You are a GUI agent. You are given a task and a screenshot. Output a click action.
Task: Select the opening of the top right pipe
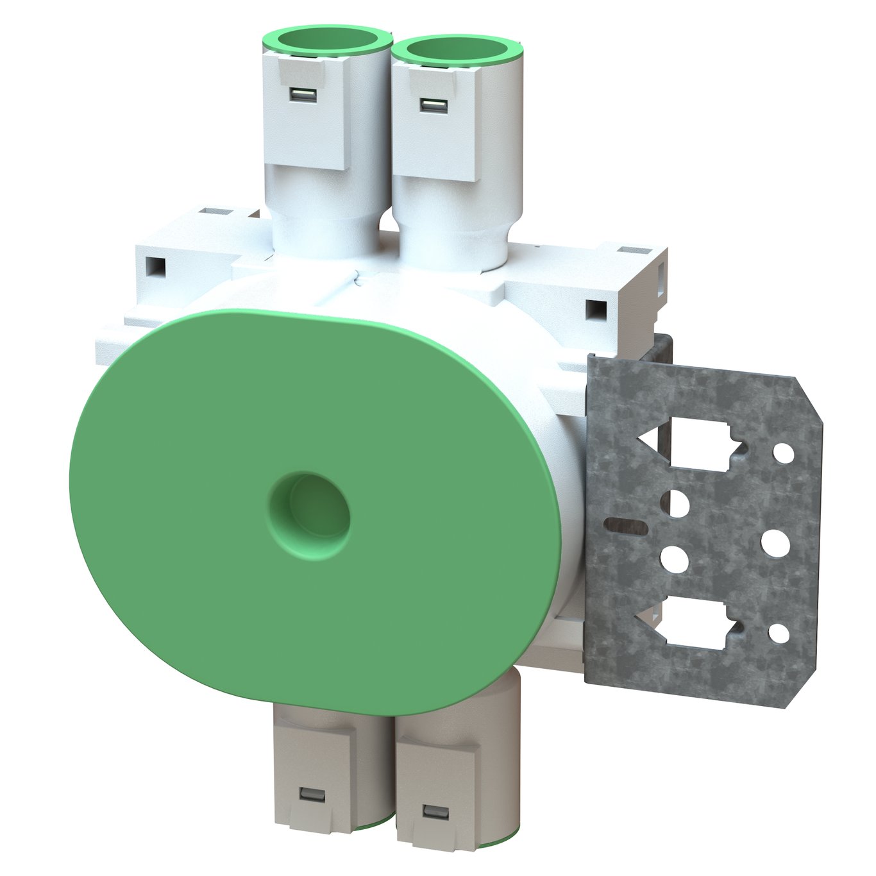456,52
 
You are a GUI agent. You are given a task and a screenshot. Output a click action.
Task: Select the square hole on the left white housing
155,264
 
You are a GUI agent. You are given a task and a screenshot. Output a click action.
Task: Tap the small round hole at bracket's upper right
783,453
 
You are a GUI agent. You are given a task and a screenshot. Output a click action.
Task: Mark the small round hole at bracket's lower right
779,634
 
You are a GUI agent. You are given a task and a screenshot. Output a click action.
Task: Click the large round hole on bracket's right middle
775,543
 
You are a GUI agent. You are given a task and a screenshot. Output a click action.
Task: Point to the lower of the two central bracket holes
674,559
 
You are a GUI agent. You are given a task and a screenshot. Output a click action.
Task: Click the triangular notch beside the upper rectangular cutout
649,440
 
